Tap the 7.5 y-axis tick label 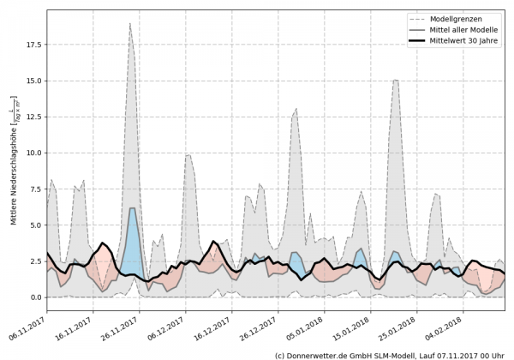[34, 189]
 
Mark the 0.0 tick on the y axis [34, 297]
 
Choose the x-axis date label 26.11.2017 [120, 323]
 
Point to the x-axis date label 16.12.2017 [211, 323]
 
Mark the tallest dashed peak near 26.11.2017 [129, 24]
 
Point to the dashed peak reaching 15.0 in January [395, 81]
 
